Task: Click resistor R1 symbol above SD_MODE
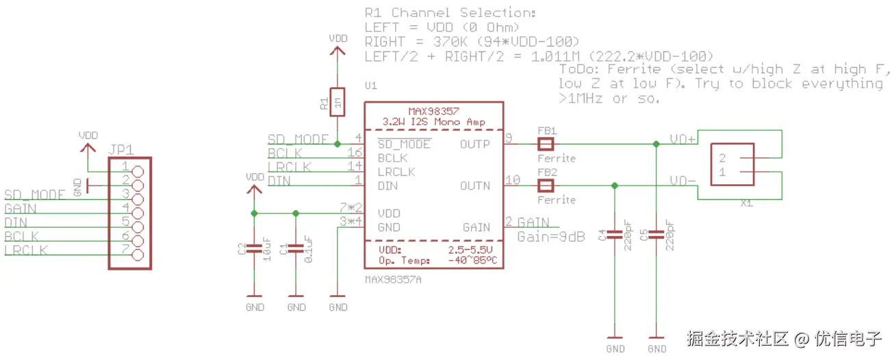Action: point(337,102)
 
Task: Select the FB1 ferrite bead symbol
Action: point(545,144)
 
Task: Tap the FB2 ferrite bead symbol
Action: point(545,185)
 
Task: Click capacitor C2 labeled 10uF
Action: point(254,248)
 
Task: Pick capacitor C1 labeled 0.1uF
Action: point(296,248)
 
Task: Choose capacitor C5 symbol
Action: point(656,234)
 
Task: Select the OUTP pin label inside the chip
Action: point(476,144)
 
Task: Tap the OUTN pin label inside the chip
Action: point(476,185)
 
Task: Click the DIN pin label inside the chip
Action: point(387,185)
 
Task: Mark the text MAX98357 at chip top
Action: point(433,110)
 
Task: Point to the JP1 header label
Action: point(121,150)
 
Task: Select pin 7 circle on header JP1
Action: point(138,255)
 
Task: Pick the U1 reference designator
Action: point(371,86)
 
